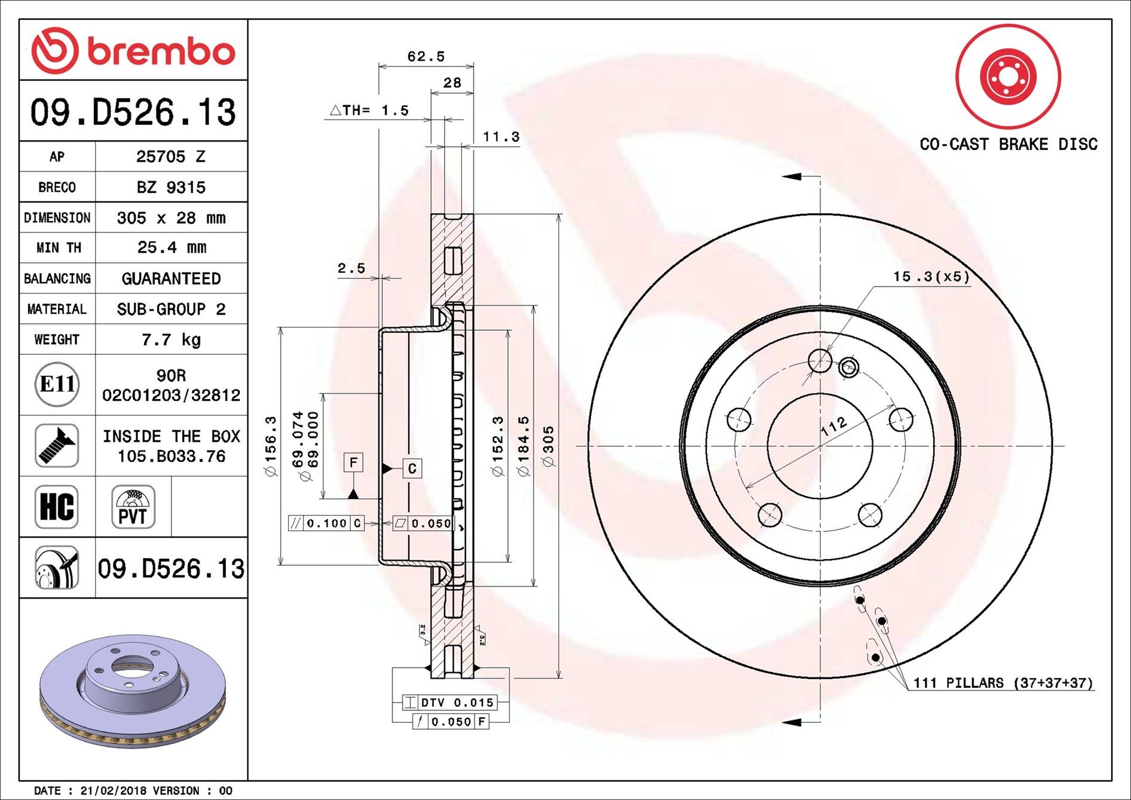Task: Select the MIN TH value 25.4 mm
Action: tap(171, 247)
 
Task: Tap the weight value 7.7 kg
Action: tap(171, 340)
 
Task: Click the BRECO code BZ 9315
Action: tap(171, 188)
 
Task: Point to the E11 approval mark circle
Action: tap(57, 384)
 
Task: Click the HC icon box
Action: tap(57, 507)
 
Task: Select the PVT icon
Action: tap(133, 507)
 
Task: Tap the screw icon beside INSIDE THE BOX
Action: tap(57, 446)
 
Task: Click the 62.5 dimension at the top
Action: tap(426, 57)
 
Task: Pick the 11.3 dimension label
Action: tap(501, 137)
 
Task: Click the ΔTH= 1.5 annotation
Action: tap(370, 111)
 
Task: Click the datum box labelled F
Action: tap(354, 462)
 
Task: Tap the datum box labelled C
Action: tap(412, 468)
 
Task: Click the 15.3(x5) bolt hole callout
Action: tap(931, 277)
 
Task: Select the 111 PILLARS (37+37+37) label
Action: tap(1003, 683)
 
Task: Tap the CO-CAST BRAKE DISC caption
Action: tap(1008, 145)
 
